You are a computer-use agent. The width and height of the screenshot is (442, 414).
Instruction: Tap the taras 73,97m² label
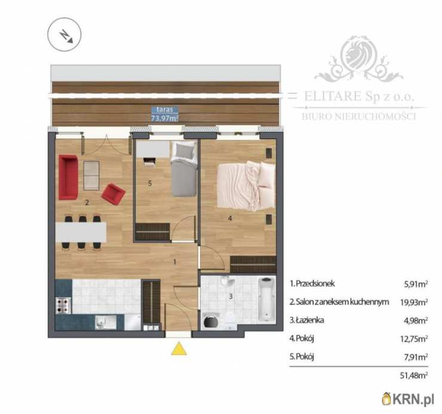(165, 114)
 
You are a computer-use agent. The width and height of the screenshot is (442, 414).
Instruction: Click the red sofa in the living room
(68, 177)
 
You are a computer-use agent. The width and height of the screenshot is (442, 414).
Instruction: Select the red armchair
(113, 193)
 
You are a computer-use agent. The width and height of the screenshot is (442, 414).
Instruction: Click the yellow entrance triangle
(179, 348)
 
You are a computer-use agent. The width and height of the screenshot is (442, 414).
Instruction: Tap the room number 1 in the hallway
(174, 262)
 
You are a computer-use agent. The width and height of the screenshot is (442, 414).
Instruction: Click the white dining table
(81, 232)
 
